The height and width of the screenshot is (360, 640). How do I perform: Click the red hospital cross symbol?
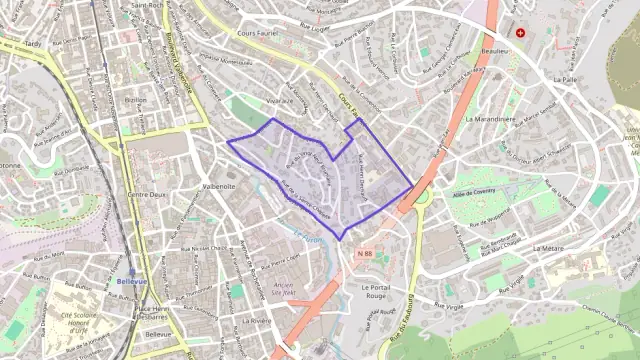click(520, 32)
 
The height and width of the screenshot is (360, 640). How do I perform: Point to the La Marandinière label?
click(490, 118)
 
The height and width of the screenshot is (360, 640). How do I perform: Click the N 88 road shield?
click(365, 254)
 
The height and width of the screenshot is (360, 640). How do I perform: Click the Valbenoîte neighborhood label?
click(218, 186)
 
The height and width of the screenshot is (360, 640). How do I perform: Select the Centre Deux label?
click(145, 194)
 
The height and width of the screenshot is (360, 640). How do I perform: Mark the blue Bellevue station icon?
click(130, 271)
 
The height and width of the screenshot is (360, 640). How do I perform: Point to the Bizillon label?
click(135, 101)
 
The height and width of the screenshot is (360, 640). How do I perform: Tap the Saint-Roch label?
click(148, 5)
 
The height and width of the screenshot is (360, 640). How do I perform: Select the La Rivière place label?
click(257, 321)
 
